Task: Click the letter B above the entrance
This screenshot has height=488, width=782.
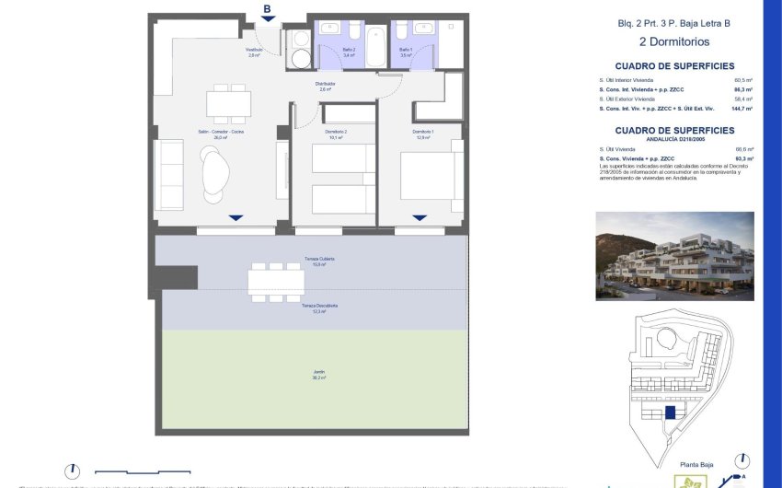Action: click(x=267, y=10)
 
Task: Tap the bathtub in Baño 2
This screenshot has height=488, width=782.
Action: click(x=376, y=46)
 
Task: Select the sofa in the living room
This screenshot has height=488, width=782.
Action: click(x=171, y=175)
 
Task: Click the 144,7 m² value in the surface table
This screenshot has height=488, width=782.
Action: click(x=742, y=108)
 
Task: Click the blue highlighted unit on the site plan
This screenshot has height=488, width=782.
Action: click(x=671, y=412)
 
